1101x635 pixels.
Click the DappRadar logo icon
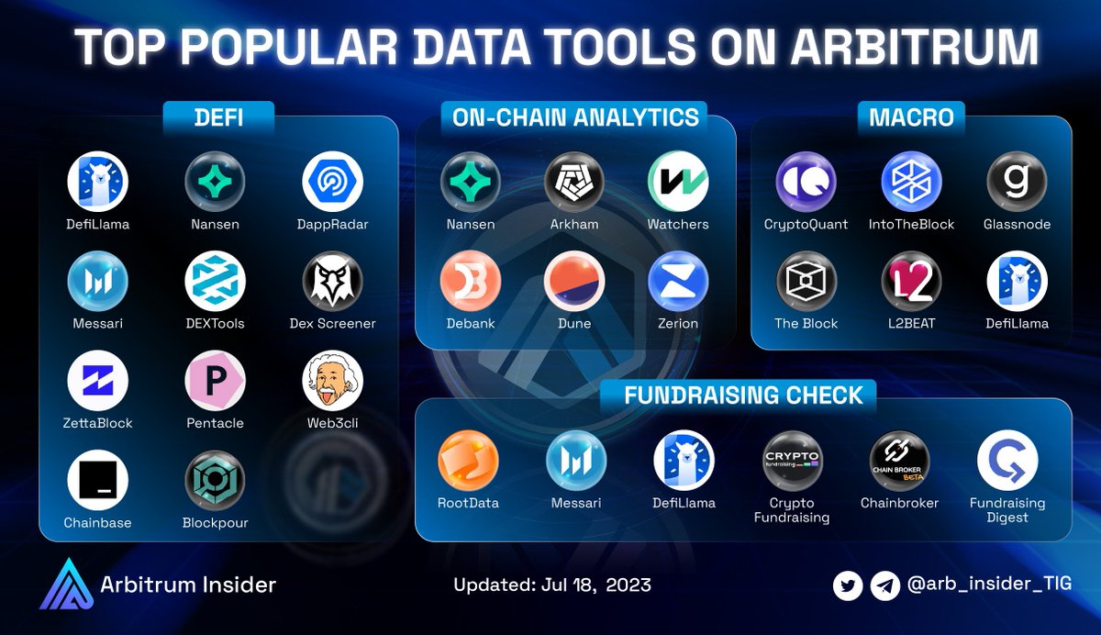(x=332, y=182)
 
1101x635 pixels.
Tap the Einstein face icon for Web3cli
(x=332, y=381)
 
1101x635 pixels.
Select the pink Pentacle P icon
(x=215, y=381)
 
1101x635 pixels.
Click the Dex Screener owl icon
(x=332, y=282)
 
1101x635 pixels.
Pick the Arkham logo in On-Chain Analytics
(x=574, y=182)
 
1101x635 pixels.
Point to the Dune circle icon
(x=574, y=282)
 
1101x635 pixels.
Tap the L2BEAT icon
(x=912, y=282)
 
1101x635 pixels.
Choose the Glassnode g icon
(x=1017, y=182)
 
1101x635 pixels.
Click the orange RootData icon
(x=468, y=462)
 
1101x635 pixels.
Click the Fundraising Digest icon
(x=1007, y=462)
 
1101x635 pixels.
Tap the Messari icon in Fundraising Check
(x=576, y=462)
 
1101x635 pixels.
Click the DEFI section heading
(x=218, y=117)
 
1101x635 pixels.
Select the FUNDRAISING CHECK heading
(x=743, y=395)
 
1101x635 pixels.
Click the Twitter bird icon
(x=848, y=585)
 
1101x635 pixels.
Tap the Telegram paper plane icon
(x=884, y=585)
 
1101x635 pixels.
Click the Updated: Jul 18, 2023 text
(x=552, y=585)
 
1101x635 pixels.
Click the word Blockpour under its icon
(x=215, y=523)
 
